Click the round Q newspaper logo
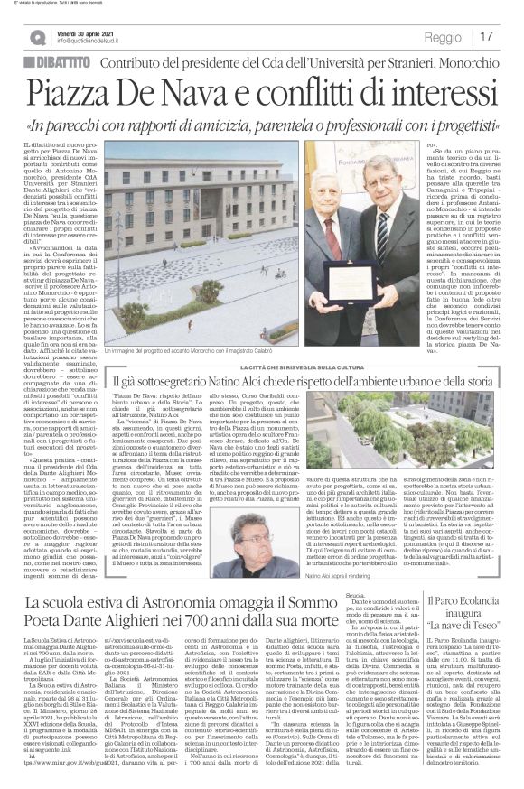click(x=38, y=36)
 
